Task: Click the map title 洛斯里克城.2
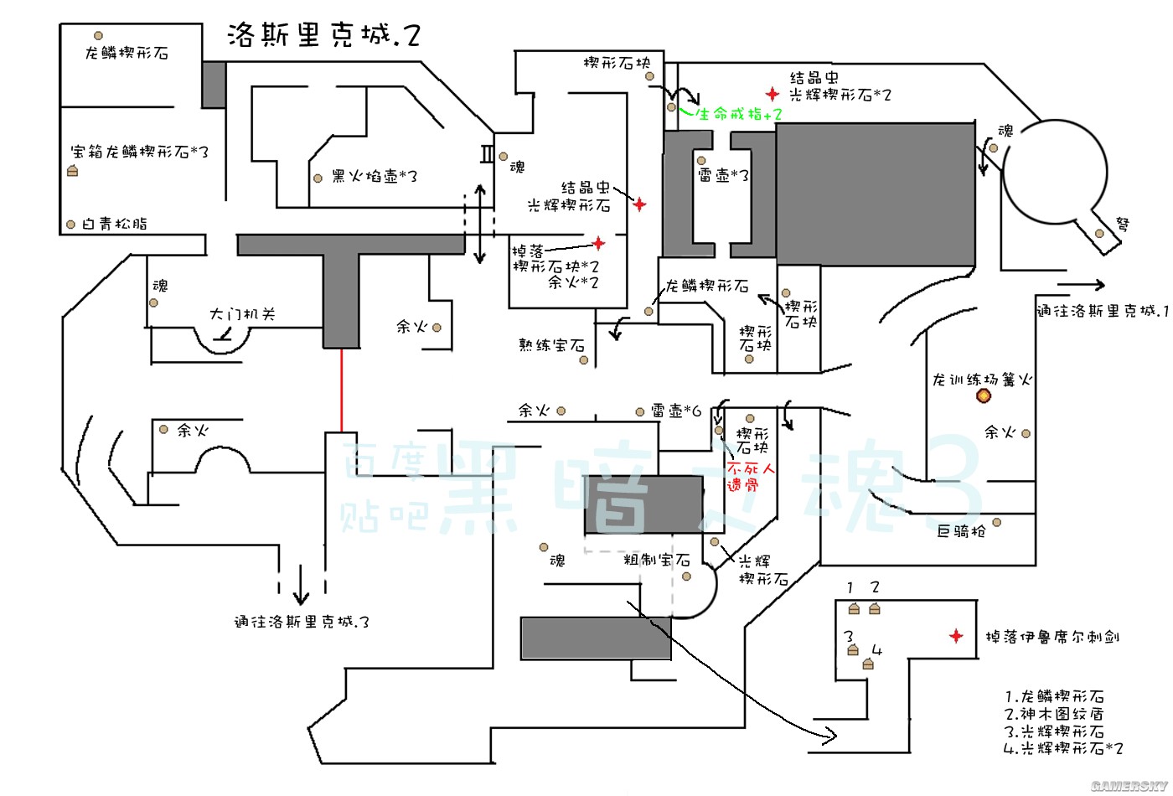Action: (x=323, y=35)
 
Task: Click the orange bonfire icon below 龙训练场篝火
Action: (x=984, y=395)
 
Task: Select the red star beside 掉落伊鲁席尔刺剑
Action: (x=956, y=636)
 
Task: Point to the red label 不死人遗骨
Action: (x=751, y=477)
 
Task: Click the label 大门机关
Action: (x=242, y=314)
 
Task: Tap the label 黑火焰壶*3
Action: (x=374, y=177)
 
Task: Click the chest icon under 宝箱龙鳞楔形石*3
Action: (x=73, y=171)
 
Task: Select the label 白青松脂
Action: (x=115, y=224)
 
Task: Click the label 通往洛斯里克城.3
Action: (x=301, y=622)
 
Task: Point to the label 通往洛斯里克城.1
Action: (x=1101, y=311)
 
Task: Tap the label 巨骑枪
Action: (x=961, y=530)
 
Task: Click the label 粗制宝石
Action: (x=656, y=560)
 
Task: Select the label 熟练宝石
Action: (x=550, y=344)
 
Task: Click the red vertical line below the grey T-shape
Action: (x=342, y=390)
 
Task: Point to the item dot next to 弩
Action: (x=1099, y=233)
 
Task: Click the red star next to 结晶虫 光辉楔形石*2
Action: (x=772, y=95)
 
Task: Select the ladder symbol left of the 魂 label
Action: (x=488, y=153)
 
